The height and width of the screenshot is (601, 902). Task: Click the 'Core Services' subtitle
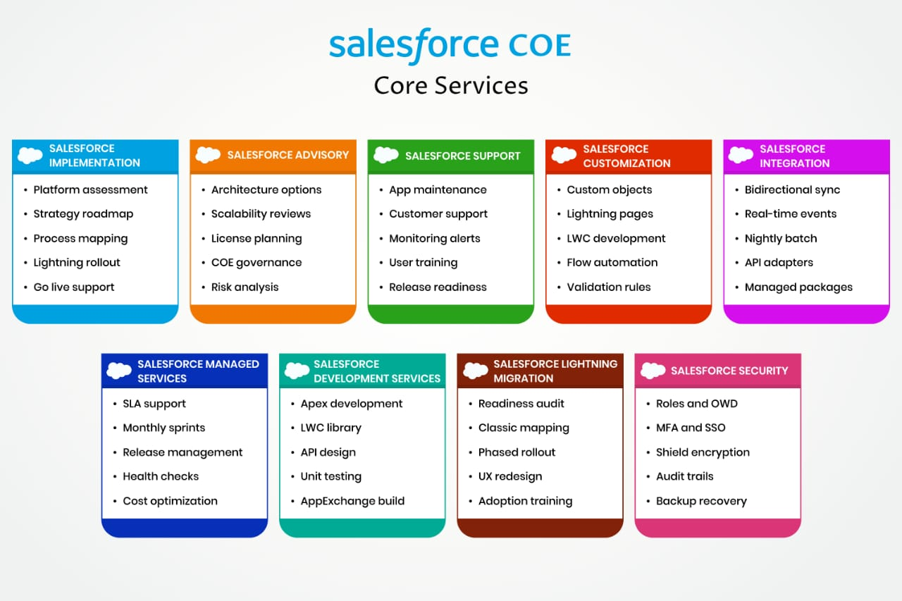[x=450, y=85]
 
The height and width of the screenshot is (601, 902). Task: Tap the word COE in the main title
[x=540, y=44]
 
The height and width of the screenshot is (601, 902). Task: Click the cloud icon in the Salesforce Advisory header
[x=208, y=155]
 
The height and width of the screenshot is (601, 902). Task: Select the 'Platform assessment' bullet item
[x=90, y=190]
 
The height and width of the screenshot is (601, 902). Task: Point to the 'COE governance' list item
[x=257, y=263]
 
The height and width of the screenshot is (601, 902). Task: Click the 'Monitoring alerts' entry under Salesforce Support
[x=435, y=238]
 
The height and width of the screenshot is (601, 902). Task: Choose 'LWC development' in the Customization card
[x=616, y=238]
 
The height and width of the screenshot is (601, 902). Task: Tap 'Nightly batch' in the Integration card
[x=781, y=238]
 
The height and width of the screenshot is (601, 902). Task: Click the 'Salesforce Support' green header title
[x=463, y=156]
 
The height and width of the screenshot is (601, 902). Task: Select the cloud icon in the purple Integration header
[x=741, y=155]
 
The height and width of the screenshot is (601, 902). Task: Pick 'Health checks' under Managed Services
[x=161, y=476]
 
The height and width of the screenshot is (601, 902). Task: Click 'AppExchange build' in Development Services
[x=352, y=501]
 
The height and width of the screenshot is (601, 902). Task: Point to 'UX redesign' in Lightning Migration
[x=510, y=476]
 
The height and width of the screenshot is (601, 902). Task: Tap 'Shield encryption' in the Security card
[x=703, y=452]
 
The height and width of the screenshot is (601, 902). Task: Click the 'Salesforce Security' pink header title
[x=729, y=371]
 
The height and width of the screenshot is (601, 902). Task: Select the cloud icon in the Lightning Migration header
[x=476, y=371]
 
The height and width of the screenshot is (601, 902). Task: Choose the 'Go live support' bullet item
[x=74, y=287]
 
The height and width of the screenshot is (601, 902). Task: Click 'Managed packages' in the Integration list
[x=798, y=287]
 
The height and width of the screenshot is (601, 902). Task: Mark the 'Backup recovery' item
[x=701, y=501]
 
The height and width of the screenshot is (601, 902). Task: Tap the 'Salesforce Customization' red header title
[x=626, y=156]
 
